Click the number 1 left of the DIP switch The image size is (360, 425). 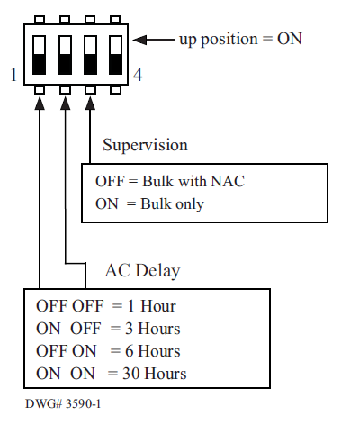point(13,75)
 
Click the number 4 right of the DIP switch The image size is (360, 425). point(138,75)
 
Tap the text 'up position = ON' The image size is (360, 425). point(240,39)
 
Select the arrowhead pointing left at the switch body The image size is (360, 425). point(148,39)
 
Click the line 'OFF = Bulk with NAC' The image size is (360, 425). point(169,181)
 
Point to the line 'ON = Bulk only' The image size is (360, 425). point(149,203)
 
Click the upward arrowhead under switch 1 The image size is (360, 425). point(40,104)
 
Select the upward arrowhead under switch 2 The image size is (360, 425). point(66,104)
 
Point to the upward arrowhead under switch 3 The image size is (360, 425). point(91,104)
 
